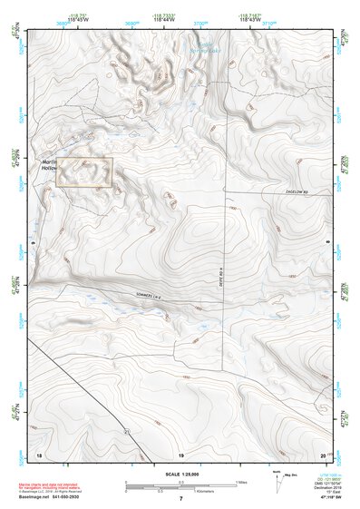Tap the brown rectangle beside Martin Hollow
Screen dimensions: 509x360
click(x=84, y=171)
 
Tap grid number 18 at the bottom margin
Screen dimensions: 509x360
click(x=38, y=454)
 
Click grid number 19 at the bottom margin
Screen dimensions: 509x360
click(x=180, y=454)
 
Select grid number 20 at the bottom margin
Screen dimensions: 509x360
click(x=323, y=454)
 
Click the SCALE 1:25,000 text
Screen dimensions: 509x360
click(x=180, y=474)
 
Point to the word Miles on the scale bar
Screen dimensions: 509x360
click(x=241, y=482)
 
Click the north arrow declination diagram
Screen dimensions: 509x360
click(x=275, y=481)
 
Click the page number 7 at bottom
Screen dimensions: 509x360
click(x=180, y=500)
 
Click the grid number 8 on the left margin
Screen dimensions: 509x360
click(x=31, y=243)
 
